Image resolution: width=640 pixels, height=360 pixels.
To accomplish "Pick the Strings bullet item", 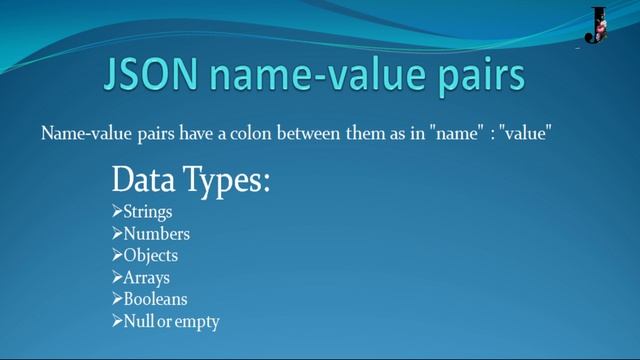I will tap(148, 212).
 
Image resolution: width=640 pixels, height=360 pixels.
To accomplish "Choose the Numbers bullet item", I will tap(156, 234).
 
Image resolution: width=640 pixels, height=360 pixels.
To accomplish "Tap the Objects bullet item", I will tap(151, 256).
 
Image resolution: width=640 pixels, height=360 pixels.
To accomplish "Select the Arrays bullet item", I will tap(146, 278).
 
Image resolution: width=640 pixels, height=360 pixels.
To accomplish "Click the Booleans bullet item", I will tap(155, 299).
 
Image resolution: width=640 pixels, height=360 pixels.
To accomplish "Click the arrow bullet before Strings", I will tap(117, 212).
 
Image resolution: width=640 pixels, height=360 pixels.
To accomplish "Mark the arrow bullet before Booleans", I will tap(117, 299).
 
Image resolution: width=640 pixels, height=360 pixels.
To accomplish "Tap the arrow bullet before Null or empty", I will tap(117, 321).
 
